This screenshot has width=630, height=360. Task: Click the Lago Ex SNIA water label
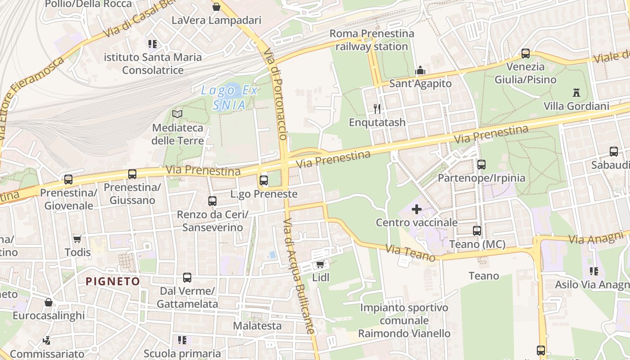pyautogui.click(x=229, y=98)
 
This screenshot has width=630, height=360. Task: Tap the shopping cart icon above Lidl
pyautogui.click(x=320, y=264)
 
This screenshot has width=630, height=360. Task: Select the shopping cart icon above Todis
pyautogui.click(x=77, y=238)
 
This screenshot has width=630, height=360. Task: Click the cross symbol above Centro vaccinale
pyautogui.click(x=416, y=209)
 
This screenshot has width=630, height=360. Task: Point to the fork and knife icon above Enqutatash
pyautogui.click(x=377, y=108)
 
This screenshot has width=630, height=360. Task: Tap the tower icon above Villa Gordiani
pyautogui.click(x=576, y=93)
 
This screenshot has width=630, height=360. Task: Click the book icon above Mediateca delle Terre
pyautogui.click(x=177, y=114)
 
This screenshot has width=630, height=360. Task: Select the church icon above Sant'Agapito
pyautogui.click(x=420, y=70)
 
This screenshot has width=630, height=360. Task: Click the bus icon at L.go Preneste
pyautogui.click(x=264, y=180)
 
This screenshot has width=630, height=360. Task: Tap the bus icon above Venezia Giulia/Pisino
pyautogui.click(x=525, y=54)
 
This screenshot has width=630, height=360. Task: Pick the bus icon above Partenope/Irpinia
pyautogui.click(x=481, y=164)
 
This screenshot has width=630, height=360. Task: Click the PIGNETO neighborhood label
pyautogui.click(x=112, y=281)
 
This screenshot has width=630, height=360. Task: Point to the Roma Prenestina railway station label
pyautogui.click(x=372, y=40)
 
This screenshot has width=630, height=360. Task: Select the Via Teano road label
pyautogui.click(x=410, y=252)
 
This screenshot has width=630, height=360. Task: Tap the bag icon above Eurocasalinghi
pyautogui.click(x=48, y=302)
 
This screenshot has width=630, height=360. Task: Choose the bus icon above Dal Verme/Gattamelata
pyautogui.click(x=187, y=278)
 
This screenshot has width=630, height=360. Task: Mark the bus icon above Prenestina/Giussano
pyautogui.click(x=132, y=174)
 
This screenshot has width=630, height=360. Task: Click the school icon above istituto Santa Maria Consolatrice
pyautogui.click(x=153, y=44)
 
